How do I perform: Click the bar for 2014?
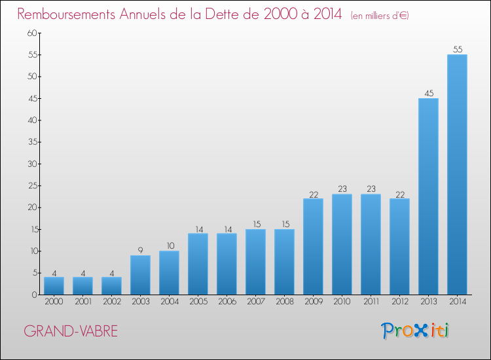(457, 175)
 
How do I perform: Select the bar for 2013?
(428, 196)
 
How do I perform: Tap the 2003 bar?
(140, 275)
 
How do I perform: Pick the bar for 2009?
(313, 247)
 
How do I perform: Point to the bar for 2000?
(54, 286)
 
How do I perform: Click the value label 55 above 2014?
(458, 50)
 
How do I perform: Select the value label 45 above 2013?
(429, 94)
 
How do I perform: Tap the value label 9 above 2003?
(140, 251)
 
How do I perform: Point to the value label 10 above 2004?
(170, 245)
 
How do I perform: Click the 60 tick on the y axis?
(32, 33)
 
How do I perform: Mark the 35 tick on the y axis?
(32, 142)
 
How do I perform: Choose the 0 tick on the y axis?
(35, 295)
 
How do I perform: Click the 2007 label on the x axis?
(256, 302)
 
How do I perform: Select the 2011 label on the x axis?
(371, 302)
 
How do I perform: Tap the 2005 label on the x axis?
(198, 302)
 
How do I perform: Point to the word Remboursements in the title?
(66, 14)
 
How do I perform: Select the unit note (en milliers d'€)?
(380, 16)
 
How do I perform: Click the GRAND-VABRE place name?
(71, 331)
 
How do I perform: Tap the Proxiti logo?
(415, 331)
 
